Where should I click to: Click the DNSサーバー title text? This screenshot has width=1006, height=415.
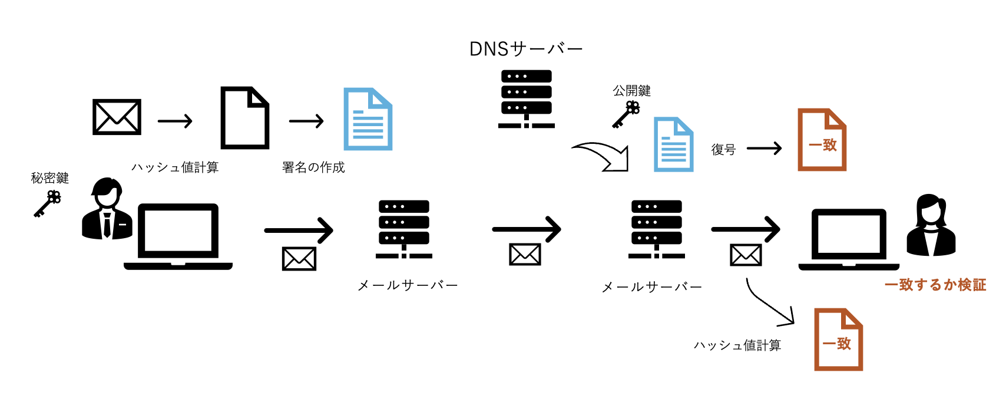coord(526,49)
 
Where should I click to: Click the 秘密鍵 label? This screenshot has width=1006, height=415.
coord(50,178)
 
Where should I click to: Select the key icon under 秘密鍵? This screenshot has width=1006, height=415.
coord(47,204)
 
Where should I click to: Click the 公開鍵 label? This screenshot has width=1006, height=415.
coord(631,91)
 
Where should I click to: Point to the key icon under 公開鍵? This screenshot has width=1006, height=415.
coord(626,114)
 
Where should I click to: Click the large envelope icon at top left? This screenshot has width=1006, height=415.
coord(117,117)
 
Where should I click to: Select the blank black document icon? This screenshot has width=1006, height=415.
coord(244,118)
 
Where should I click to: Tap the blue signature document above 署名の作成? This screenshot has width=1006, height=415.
coord(368,119)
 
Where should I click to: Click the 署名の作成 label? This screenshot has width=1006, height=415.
coord(313,167)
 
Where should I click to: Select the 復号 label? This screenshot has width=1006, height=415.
coord(723,150)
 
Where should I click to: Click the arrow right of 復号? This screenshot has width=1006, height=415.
coord(764,149)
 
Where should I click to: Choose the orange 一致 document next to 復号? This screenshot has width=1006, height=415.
coord(822,140)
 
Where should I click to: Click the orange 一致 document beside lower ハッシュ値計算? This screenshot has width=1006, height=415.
coord(838,340)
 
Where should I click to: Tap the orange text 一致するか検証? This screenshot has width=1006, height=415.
coord(935,285)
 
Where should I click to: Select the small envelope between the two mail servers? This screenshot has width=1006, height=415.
coord(525,255)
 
